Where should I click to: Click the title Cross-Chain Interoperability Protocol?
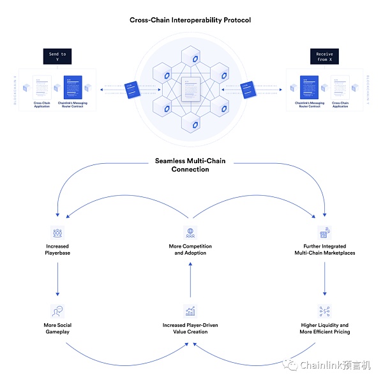coord(190,20)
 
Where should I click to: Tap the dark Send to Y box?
coord(57,56)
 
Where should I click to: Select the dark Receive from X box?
coord(325,56)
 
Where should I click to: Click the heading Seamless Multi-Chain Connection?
coord(190,165)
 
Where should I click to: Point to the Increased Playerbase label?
coord(57,250)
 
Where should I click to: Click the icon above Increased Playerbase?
coord(57,232)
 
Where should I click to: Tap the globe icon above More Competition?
coord(190,232)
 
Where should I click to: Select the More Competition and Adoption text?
coord(190,250)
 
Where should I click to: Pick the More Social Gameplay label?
coord(57,328)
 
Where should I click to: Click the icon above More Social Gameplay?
coord(57,310)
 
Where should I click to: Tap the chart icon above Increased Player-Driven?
coord(190,311)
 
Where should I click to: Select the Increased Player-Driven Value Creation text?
coord(190,329)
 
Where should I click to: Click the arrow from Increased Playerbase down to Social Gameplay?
coord(57,278)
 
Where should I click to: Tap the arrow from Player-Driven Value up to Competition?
coord(190,278)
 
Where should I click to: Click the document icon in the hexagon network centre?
coord(190,88)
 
